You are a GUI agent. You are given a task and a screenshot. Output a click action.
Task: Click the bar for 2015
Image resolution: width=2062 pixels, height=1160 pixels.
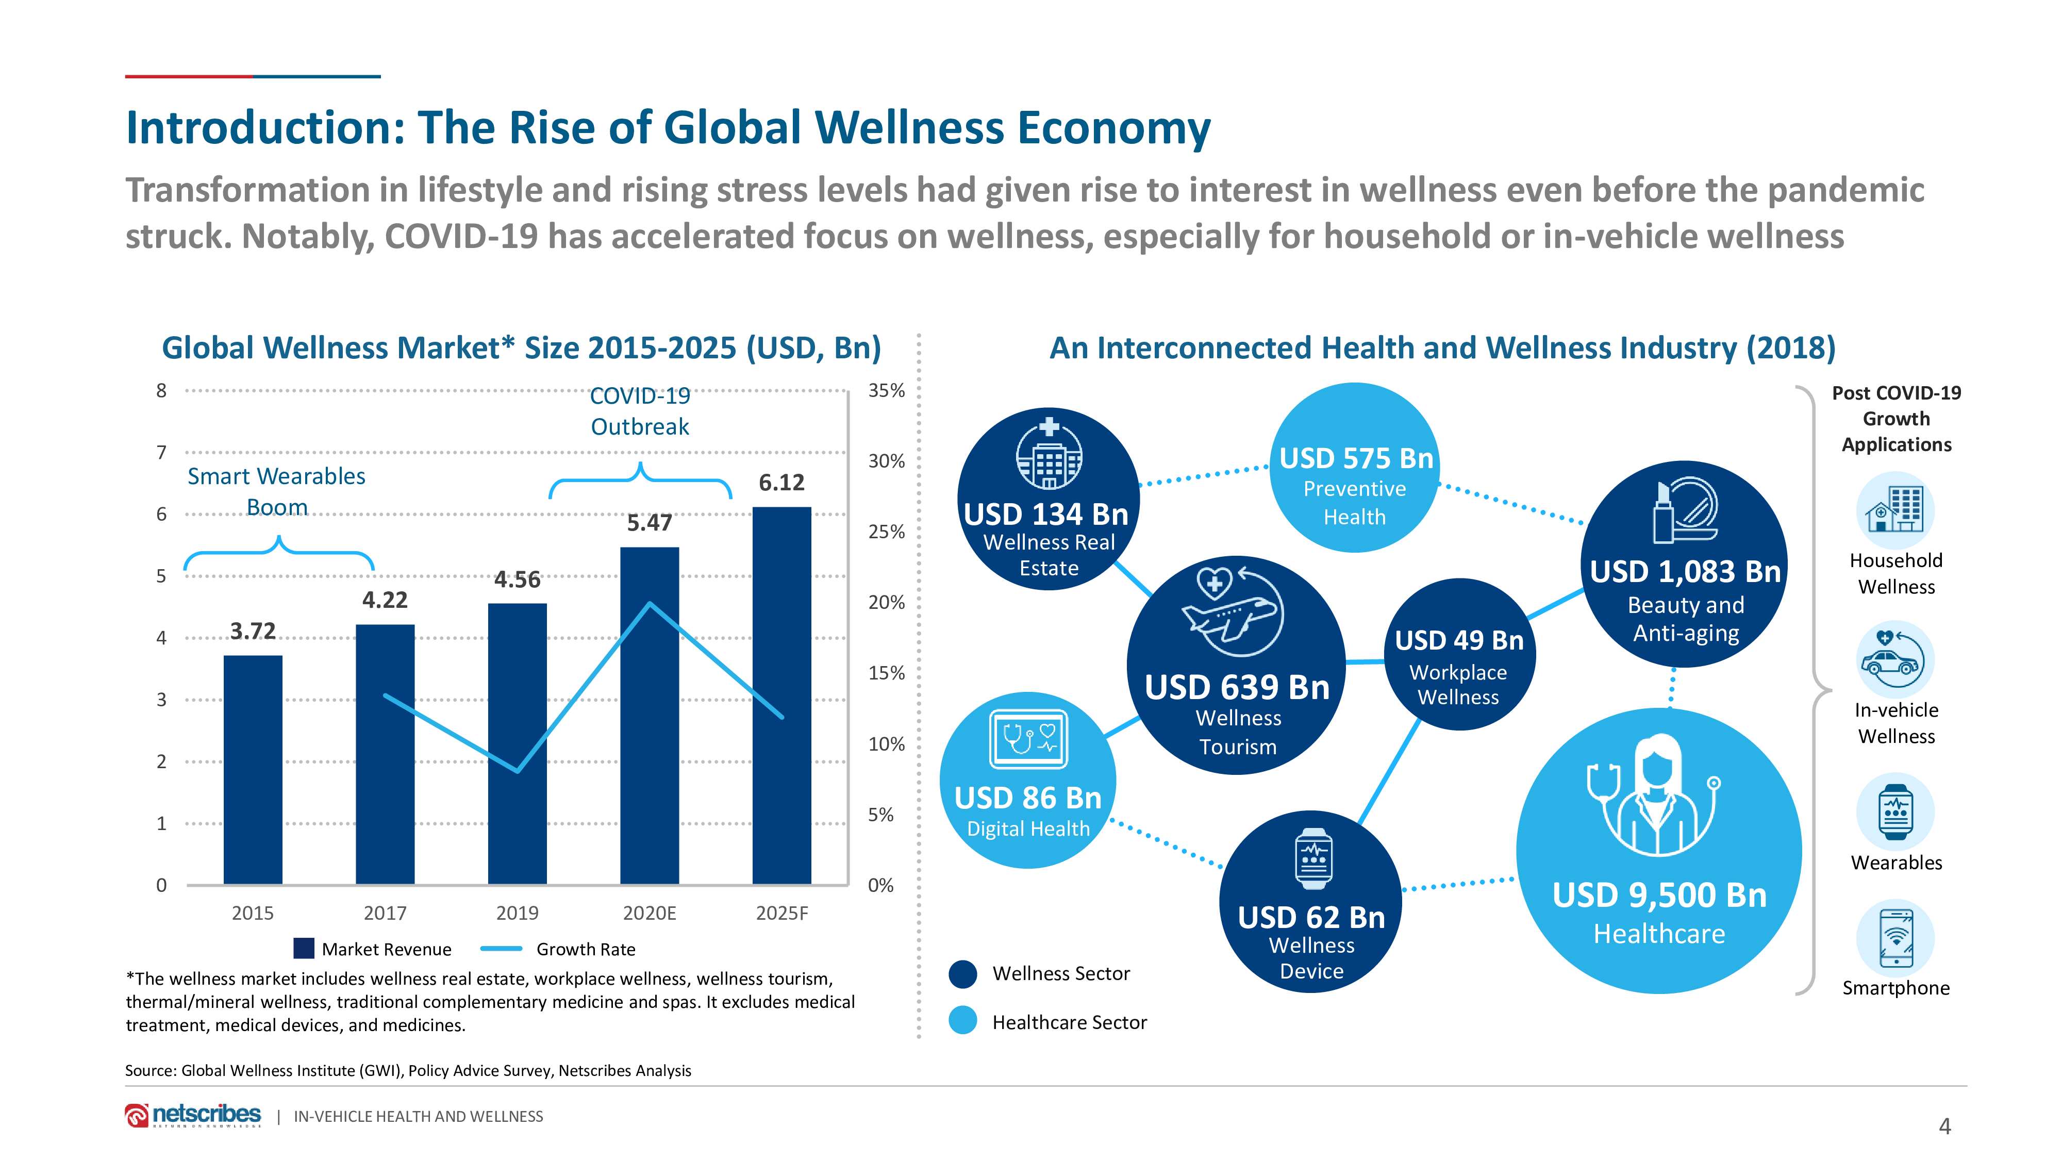click(x=253, y=769)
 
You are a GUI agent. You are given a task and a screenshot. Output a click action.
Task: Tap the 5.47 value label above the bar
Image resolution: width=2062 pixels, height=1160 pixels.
click(x=649, y=523)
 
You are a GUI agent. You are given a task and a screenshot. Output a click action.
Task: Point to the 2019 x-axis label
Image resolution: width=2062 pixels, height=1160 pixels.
click(x=517, y=913)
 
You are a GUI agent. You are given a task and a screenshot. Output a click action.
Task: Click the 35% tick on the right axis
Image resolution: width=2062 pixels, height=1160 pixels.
click(x=886, y=391)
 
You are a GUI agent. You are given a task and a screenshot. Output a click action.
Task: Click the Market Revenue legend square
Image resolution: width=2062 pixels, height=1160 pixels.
click(x=304, y=949)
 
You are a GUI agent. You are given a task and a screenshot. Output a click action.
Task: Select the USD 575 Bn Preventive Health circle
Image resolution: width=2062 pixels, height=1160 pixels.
click(x=1354, y=468)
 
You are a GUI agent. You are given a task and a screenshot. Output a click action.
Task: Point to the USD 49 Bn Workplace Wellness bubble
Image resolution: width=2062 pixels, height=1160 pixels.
click(x=1459, y=654)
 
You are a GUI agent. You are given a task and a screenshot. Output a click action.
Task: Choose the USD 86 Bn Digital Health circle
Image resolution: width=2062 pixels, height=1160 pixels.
click(x=1028, y=781)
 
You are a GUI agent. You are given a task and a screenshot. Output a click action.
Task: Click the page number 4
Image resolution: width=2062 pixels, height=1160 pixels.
click(x=1944, y=1126)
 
